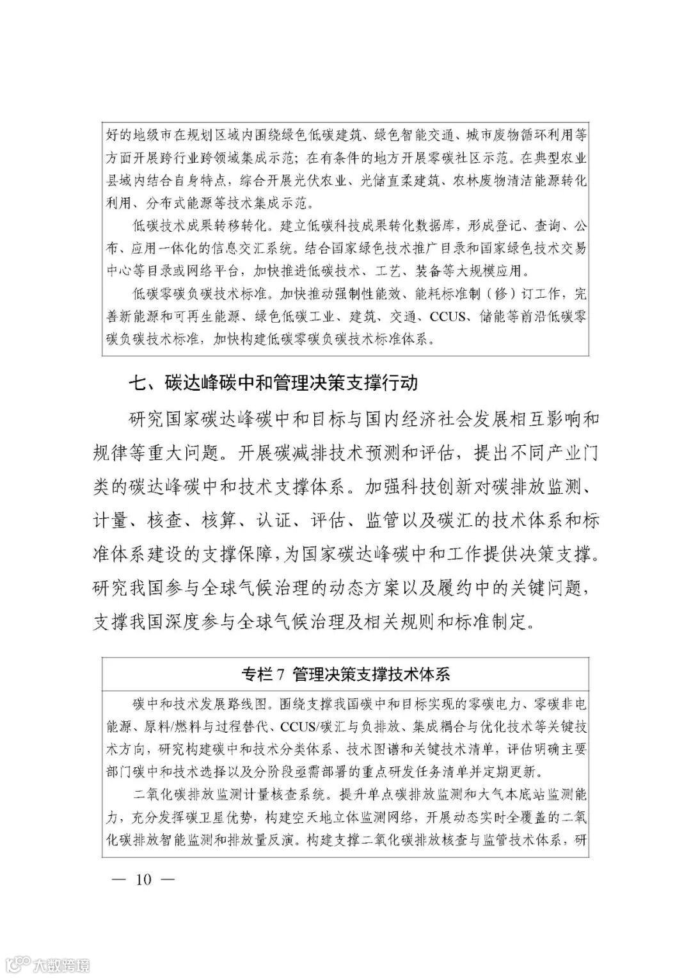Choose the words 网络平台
(x=208, y=271)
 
